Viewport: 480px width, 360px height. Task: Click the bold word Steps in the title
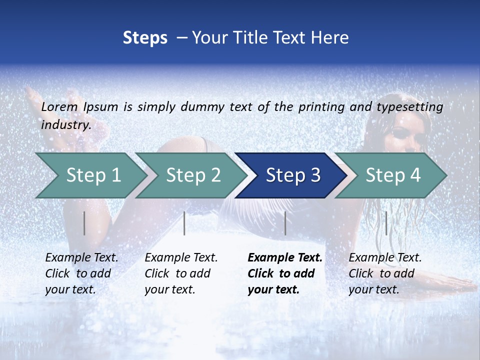145,38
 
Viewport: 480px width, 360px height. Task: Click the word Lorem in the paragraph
59,106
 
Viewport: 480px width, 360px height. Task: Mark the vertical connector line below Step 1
84,223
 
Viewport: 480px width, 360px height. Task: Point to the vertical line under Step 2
184,223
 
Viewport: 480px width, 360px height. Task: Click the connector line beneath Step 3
285,223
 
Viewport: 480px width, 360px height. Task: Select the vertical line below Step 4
386,223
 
